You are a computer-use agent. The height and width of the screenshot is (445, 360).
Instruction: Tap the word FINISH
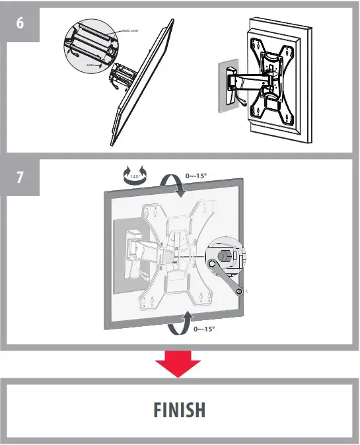[180, 410]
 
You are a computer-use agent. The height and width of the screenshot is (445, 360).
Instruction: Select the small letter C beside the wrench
[246, 291]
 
